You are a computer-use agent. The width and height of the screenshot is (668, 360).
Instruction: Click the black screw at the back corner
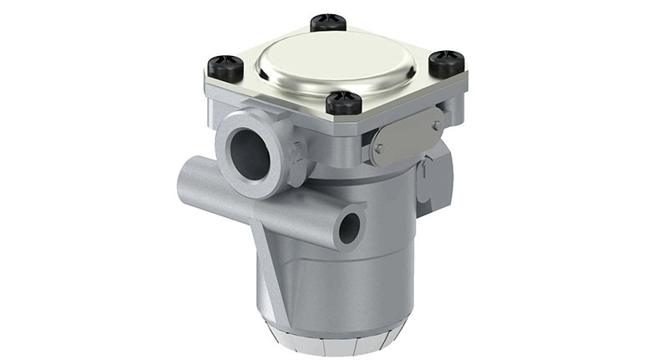328,22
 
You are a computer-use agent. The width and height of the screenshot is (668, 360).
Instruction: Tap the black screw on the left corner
226,65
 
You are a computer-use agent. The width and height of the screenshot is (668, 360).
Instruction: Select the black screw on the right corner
446,62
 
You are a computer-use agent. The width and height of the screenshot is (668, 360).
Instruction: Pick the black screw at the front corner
343,102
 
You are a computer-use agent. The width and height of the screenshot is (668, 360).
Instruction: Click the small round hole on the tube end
349,226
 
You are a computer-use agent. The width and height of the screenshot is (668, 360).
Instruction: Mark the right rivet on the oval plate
435,125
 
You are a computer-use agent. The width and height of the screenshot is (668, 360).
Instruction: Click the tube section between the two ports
292,209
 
